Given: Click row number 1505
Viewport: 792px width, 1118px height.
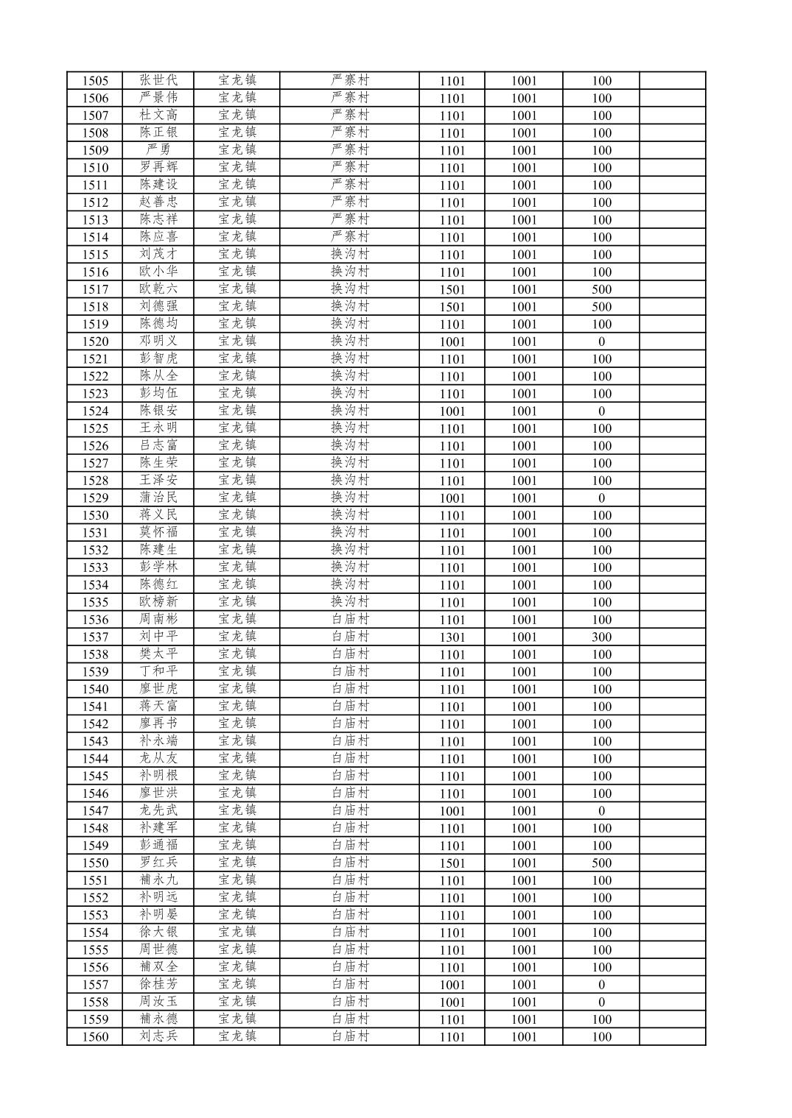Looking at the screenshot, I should click(x=95, y=81).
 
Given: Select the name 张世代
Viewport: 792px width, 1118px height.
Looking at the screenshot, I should click(x=158, y=80).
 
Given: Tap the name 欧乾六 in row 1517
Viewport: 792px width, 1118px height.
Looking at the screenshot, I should click(x=158, y=289).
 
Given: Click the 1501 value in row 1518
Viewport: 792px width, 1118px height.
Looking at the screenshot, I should click(x=452, y=307).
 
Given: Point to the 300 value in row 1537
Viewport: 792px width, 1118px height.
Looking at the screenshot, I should click(x=601, y=637).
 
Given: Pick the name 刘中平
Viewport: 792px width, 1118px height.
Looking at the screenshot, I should click(x=158, y=637).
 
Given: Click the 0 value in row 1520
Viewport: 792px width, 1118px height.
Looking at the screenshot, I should click(x=601, y=342).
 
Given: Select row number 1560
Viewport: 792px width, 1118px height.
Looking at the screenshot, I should click(x=95, y=1037).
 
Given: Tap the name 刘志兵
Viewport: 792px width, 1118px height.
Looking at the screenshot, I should click(x=158, y=1036).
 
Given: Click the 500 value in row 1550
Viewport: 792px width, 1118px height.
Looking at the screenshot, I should click(x=601, y=863).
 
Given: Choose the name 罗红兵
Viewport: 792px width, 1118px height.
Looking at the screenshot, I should click(x=158, y=863).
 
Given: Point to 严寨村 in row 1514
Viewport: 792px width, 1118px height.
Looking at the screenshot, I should click(x=349, y=237).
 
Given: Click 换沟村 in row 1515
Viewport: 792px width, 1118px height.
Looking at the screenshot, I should click(x=349, y=254).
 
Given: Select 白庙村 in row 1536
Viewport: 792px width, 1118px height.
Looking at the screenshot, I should click(x=349, y=619).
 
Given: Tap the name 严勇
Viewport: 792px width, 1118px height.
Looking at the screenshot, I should click(x=158, y=150).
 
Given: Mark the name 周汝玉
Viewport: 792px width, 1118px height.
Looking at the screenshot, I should click(x=158, y=1002).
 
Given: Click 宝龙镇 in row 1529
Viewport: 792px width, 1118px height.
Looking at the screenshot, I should click(x=237, y=498).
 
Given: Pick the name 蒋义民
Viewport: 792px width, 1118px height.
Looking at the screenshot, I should click(x=158, y=515).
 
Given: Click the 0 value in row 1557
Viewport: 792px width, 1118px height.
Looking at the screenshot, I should click(x=601, y=985).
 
